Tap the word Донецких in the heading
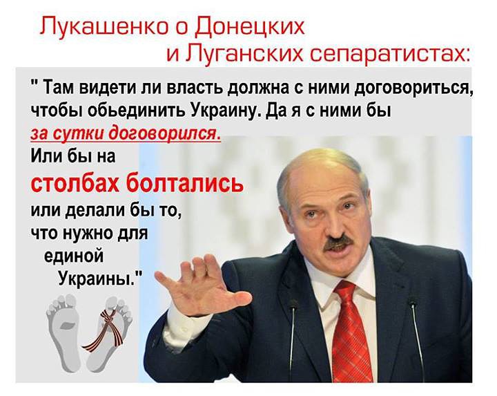250,27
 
